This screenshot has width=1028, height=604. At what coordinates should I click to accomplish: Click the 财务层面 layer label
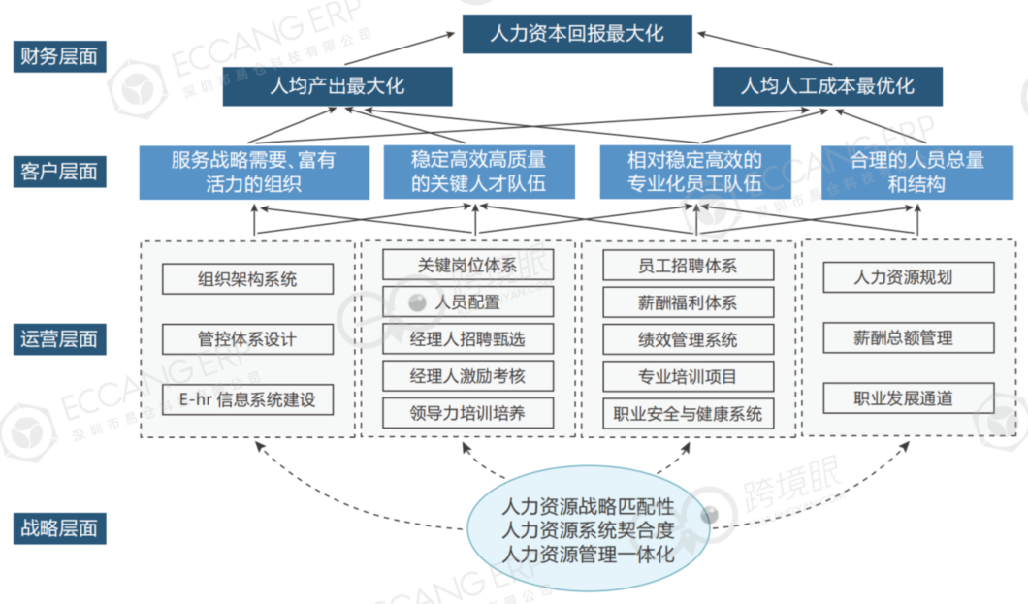point(59,55)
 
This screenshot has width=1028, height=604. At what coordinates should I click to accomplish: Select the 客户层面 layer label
point(59,172)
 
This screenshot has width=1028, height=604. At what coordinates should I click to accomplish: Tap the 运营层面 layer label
point(59,339)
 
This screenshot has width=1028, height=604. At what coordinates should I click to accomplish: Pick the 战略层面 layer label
point(59,528)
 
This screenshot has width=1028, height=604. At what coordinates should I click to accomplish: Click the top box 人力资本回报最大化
point(577,34)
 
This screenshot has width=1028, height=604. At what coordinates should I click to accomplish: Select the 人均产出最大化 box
point(337,86)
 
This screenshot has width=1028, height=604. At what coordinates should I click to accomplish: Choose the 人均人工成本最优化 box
point(827,86)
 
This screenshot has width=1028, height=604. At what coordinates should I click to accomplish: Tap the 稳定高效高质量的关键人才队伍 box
point(478,172)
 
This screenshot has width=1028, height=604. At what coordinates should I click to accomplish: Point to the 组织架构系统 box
point(247,280)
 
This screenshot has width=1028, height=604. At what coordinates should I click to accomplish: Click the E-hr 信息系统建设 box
point(247,398)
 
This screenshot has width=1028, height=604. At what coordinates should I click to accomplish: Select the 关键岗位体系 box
point(467,265)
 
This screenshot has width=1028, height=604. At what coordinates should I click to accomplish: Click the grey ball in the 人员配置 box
point(417,302)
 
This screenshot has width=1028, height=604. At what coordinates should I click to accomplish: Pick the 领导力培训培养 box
point(467,413)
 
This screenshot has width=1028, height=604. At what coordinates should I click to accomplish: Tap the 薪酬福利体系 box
point(688,302)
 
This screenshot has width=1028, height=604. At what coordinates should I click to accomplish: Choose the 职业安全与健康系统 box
point(688,414)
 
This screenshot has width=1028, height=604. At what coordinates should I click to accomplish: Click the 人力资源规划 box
point(908,277)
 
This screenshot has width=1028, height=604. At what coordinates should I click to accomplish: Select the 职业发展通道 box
point(908,397)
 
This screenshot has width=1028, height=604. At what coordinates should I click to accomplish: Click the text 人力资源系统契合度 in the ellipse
point(588,530)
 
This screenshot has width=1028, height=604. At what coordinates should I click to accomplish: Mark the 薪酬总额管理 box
point(908,337)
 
